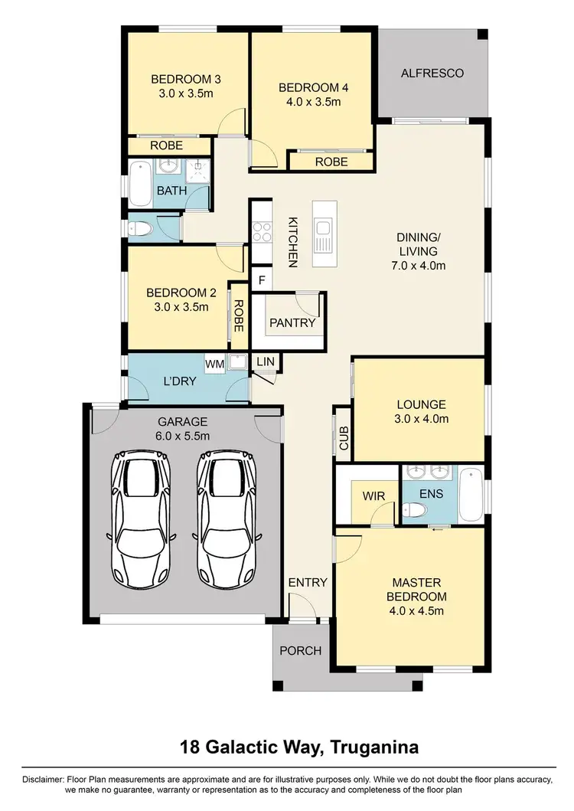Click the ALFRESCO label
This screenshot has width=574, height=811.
[x=432, y=74]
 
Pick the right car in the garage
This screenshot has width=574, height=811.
[x=227, y=518]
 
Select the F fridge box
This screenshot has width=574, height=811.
[x=262, y=280]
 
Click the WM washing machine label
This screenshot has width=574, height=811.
[x=215, y=365]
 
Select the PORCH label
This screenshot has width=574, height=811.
[x=299, y=651]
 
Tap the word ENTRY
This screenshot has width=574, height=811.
[x=308, y=583]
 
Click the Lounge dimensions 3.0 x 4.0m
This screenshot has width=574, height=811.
[x=421, y=419]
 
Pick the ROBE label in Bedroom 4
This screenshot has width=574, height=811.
[x=331, y=162]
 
